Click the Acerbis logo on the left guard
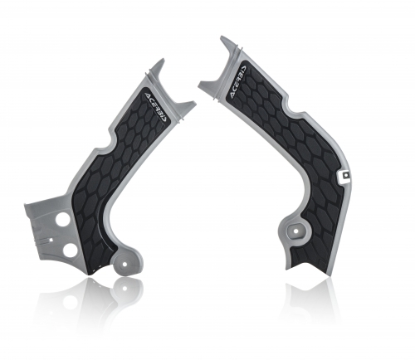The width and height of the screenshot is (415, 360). pyautogui.click(x=156, y=106)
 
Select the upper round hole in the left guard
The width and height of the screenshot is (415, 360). pyautogui.click(x=62, y=220)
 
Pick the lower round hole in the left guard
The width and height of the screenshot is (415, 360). pyautogui.click(x=69, y=250)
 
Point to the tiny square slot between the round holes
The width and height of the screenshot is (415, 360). pyautogui.click(x=51, y=240)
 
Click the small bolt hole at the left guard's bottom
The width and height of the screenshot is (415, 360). pyautogui.click(x=125, y=264)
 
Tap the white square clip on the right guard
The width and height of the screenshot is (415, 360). pyautogui.click(x=344, y=175)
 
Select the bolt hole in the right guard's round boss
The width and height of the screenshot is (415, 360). pyautogui.click(x=295, y=231)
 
